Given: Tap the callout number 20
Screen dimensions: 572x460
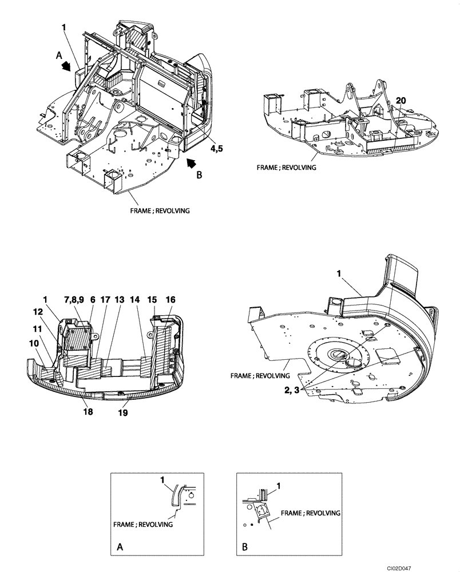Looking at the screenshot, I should (400, 100).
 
